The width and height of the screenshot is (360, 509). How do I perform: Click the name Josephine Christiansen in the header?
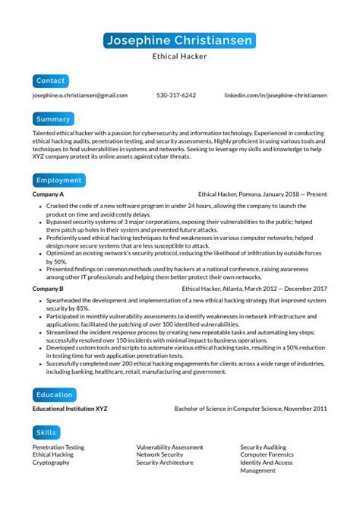[x=180, y=40]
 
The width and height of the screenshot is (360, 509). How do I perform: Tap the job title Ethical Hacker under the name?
[x=180, y=56]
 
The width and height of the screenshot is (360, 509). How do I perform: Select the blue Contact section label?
[x=51, y=81]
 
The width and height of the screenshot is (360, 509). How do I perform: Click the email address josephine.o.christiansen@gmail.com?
[x=80, y=96]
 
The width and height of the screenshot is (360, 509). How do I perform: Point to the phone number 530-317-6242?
[x=176, y=96]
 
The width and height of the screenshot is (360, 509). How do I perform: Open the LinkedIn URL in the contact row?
[x=276, y=96]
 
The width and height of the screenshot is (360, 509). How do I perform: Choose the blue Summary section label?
[x=53, y=119]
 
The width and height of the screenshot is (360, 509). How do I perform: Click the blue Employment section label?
[x=58, y=181]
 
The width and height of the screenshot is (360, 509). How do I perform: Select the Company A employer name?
[x=48, y=194]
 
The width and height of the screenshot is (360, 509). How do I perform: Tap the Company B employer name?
[x=48, y=289]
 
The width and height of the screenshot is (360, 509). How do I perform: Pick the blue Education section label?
[x=54, y=395]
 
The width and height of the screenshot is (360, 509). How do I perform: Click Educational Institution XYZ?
[x=70, y=409]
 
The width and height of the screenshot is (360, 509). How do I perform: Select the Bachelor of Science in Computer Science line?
[x=251, y=409]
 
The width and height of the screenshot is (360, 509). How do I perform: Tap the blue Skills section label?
[x=46, y=433]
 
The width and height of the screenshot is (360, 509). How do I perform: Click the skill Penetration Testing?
[x=58, y=447]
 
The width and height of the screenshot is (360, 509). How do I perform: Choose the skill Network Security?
[x=159, y=455]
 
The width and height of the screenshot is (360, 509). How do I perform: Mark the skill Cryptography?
[x=50, y=463]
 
